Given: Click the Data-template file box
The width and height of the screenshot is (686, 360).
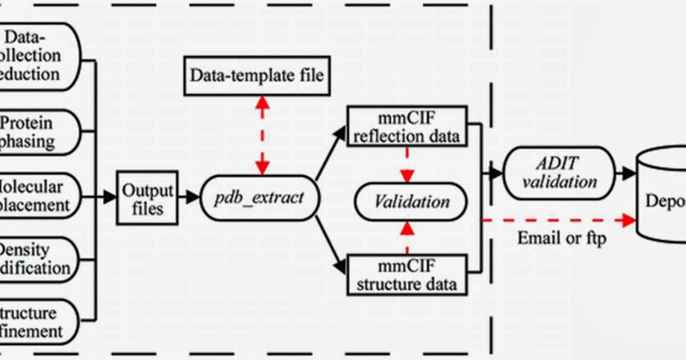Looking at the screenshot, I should point(257,76).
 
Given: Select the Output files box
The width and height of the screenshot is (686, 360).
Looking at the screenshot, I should point(147,198).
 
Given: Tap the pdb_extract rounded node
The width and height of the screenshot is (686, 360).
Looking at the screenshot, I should point(259,198).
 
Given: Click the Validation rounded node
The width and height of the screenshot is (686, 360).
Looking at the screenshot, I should point(411,201).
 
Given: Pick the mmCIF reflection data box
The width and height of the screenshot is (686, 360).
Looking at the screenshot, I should point(407,126).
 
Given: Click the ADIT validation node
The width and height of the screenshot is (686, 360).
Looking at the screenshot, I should point(558,173).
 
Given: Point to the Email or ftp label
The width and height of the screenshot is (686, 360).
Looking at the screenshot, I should point(561,238).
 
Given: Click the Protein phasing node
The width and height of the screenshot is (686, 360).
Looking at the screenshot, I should point(36,133).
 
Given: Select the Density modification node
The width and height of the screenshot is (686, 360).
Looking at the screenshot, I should point(36,258).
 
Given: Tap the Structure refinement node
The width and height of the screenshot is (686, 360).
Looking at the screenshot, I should point(36,322).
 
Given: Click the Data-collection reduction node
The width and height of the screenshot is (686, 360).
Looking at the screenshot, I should point(36,56).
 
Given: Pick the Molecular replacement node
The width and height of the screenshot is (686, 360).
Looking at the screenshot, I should point(36,195).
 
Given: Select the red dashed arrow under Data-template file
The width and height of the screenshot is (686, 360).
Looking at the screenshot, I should point(262,134).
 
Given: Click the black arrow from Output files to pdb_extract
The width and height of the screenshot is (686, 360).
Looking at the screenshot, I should point(188,197).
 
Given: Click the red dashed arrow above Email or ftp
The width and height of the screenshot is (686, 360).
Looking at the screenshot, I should point(557,220).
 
